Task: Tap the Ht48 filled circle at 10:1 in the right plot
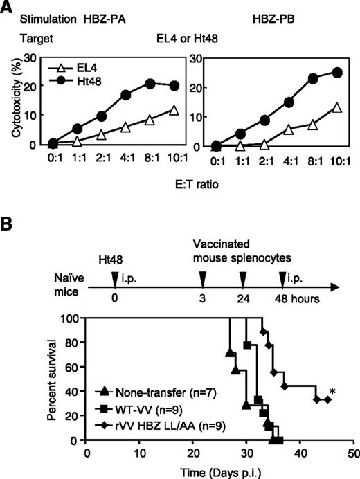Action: click(x=337, y=72)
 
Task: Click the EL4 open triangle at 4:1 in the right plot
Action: click(x=291, y=129)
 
